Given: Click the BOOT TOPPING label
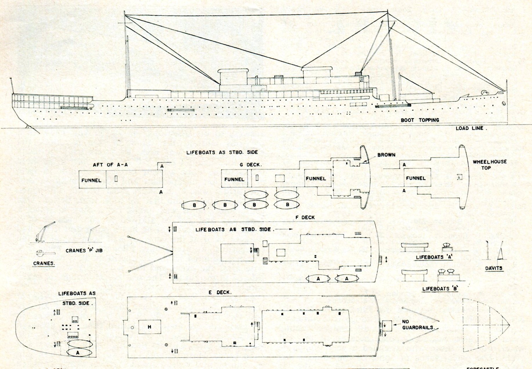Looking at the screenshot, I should (420, 120).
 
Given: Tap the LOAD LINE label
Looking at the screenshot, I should (469, 128).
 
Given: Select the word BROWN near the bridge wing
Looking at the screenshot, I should (386, 155).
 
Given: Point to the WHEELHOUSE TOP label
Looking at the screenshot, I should (489, 164).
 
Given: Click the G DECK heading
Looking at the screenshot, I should (250, 165).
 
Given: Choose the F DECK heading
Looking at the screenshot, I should (304, 217).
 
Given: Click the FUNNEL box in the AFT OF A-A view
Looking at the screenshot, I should (91, 180).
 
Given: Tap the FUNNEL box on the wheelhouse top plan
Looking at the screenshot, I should (416, 178).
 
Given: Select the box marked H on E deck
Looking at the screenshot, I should (149, 327).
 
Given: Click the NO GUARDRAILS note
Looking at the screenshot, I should (417, 325).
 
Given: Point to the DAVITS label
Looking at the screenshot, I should (493, 268).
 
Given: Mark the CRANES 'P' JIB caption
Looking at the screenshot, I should (84, 250).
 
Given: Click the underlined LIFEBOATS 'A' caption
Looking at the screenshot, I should (434, 257).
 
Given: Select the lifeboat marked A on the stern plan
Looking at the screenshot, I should (78, 352).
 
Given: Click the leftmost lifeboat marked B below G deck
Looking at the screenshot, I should (194, 205).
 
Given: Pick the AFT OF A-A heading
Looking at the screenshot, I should (110, 165).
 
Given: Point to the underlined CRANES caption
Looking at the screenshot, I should (44, 264).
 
